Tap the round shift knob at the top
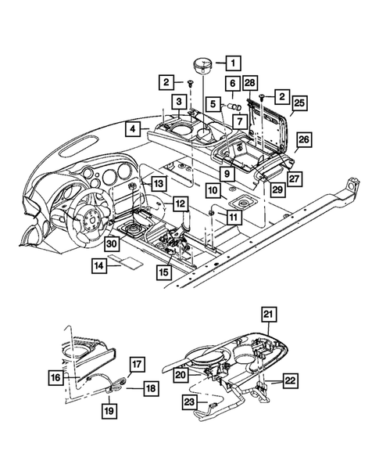click(202, 63)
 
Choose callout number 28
click(249, 84)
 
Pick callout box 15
click(163, 272)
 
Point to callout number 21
click(268, 315)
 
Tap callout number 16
click(76, 376)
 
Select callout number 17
click(135, 364)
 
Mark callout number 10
click(213, 189)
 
